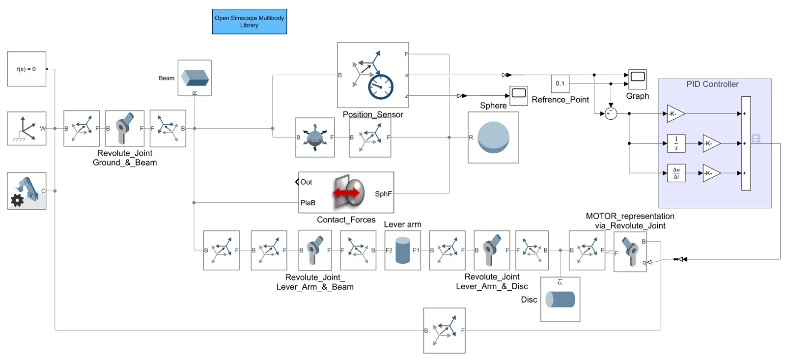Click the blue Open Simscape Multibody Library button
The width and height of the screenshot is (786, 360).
[x=249, y=22]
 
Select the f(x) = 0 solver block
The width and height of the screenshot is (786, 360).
[x=27, y=69]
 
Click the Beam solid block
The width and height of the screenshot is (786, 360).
[x=195, y=78]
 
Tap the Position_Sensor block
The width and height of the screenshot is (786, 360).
[x=373, y=75]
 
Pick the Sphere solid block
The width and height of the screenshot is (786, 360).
[x=493, y=138]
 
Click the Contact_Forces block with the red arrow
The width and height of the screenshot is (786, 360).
[x=346, y=193]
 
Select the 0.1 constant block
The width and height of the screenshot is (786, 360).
[x=560, y=83]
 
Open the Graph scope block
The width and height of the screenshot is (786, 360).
[x=638, y=79]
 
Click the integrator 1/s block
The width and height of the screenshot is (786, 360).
[x=676, y=143]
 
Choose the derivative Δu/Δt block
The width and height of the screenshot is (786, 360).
[x=676, y=173]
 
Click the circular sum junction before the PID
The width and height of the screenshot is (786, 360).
[x=611, y=114]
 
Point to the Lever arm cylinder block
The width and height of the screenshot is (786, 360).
[x=402, y=250]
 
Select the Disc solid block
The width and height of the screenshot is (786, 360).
[x=560, y=300]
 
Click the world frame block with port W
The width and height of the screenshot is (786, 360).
[x=27, y=129]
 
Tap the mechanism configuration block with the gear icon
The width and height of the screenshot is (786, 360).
[x=27, y=191]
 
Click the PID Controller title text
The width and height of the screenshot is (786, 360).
[x=712, y=84]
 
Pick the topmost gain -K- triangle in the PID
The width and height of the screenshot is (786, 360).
[x=675, y=114]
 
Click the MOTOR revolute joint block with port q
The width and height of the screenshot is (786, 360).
[x=630, y=251]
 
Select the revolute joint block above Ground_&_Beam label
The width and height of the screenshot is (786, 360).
[x=125, y=129]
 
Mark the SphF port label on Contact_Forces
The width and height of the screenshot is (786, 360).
[x=383, y=194]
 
